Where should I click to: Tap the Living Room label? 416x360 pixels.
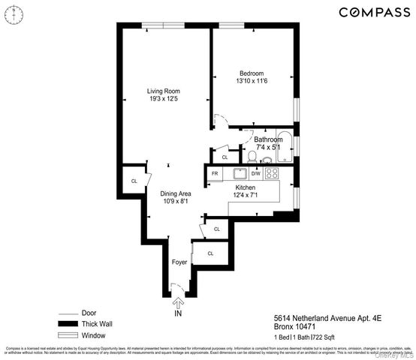tap(162, 91)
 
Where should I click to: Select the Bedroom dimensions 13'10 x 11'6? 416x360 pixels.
tap(252, 80)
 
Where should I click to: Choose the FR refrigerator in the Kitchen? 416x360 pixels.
tap(214, 174)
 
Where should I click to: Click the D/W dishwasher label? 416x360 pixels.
tap(255, 174)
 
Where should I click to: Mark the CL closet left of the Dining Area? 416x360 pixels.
tap(134, 181)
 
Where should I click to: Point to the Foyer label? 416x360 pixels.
tap(179, 262)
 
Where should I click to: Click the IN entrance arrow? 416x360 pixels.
tap(179, 304)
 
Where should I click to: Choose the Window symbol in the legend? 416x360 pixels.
tap(68, 335)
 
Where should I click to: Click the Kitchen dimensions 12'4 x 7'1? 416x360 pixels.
tap(246, 196)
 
